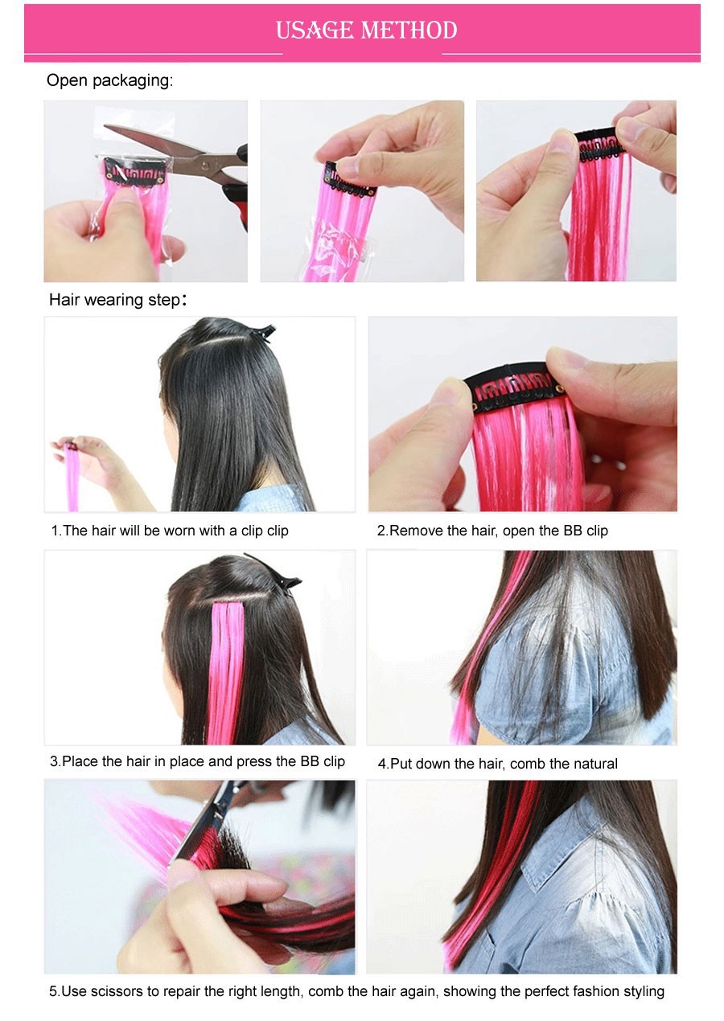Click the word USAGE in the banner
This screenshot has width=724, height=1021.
pyautogui.click(x=315, y=31)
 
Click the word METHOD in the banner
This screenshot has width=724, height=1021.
pyautogui.click(x=409, y=31)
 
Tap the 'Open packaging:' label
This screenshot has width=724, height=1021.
pyautogui.click(x=110, y=80)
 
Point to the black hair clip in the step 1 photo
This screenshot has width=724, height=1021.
pyautogui.click(x=257, y=332)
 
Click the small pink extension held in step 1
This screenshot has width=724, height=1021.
pyautogui.click(x=72, y=475)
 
